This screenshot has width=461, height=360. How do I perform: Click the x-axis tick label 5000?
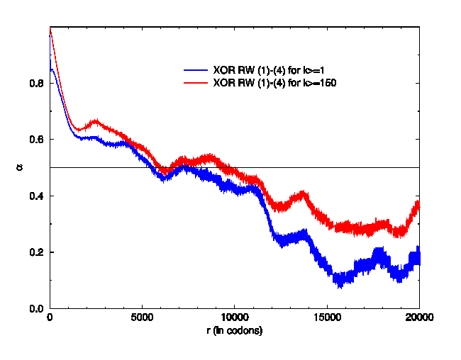click(142, 318)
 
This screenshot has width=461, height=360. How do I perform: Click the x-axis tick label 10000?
click(234, 318)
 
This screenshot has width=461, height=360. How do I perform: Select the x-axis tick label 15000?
click(326, 318)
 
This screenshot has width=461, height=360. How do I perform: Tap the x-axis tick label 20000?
click(418, 318)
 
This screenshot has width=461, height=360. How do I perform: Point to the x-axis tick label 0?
click(50, 318)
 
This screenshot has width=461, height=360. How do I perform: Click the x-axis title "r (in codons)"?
click(234, 331)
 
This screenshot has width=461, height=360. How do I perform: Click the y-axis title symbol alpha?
click(18, 168)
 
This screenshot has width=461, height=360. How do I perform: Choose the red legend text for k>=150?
click(274, 83)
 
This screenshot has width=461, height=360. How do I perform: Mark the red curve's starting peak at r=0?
click(50, 28)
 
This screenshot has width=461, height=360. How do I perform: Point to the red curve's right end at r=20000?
click(418, 204)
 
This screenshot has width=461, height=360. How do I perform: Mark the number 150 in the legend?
click(327, 83)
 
